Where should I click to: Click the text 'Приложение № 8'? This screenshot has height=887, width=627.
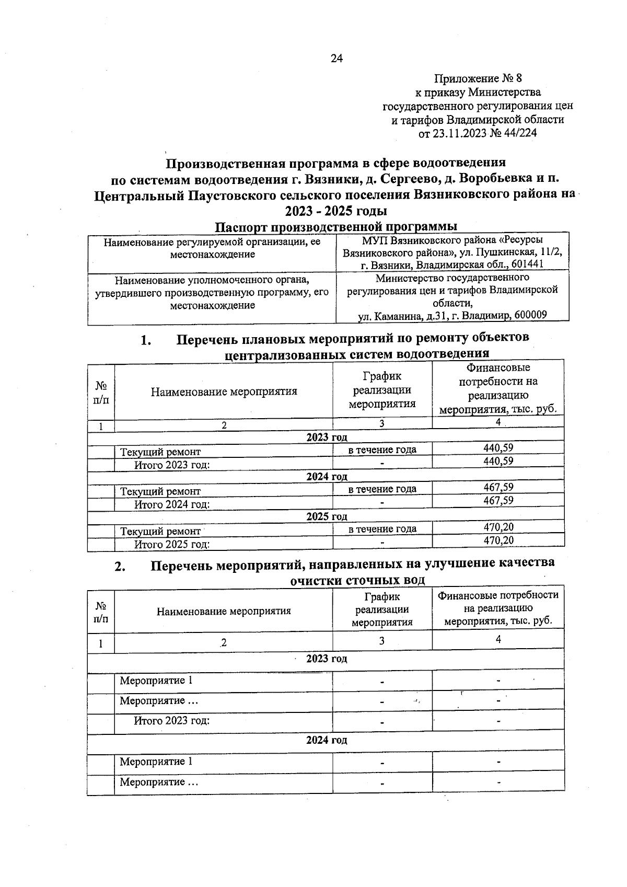coord(478,78)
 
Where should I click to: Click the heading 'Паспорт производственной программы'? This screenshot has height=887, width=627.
coord(336,226)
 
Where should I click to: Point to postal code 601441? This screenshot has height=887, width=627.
coord(528,264)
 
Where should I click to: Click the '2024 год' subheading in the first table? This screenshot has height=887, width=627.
coord(327,477)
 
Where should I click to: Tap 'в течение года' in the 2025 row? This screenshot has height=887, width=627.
coord(382,529)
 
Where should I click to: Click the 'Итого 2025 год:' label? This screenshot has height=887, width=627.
coord(172,544)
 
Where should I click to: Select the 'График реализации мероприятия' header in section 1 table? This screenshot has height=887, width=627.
coord(382,390)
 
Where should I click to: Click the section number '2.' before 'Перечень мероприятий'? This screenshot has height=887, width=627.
coord(120,567)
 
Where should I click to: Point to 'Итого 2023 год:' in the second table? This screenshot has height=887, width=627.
coord(172,721)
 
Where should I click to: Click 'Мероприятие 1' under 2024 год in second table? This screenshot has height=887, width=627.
coord(156,762)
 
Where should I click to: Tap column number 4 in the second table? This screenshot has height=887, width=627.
coord(498,639)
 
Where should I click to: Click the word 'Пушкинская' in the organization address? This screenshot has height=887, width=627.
coord(500,252)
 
